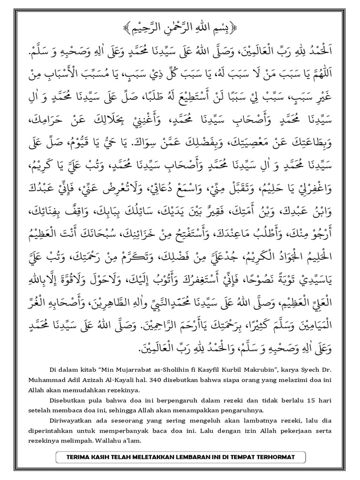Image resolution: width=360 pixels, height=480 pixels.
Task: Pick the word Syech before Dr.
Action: (x=301, y=368)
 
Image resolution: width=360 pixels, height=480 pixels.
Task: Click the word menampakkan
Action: (x=184, y=407)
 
